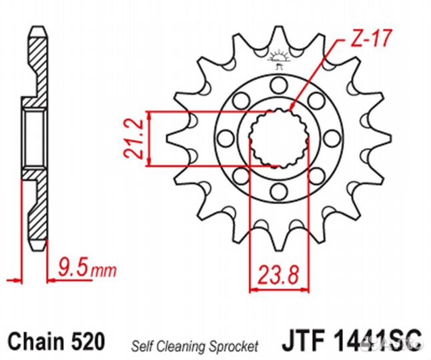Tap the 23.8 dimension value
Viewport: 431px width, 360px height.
point(280,273)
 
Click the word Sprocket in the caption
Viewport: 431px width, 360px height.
point(231,346)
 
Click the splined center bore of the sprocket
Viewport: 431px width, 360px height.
point(278,139)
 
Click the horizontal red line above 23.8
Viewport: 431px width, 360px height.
point(280,289)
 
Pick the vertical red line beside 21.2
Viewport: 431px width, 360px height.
point(150,138)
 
